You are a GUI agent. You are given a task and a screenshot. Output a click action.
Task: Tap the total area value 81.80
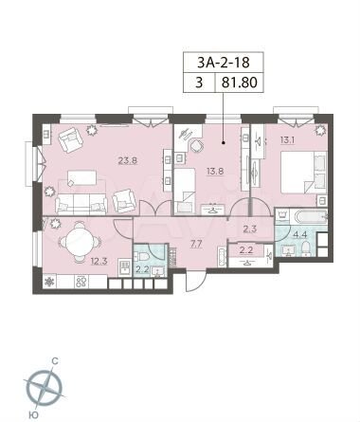(x=240, y=83)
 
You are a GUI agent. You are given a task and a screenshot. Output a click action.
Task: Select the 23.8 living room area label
(x=127, y=160)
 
